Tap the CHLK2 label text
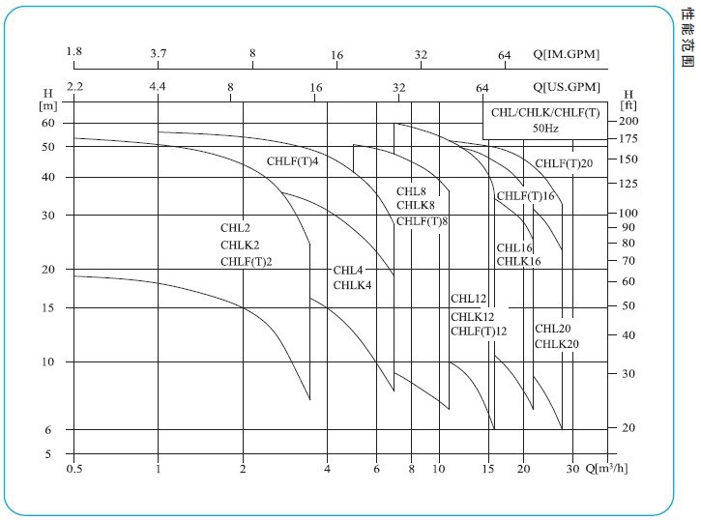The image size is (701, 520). pyautogui.click(x=240, y=245)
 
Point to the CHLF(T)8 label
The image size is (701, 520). pyautogui.click(x=423, y=221)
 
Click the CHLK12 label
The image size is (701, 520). pyautogui.click(x=473, y=316)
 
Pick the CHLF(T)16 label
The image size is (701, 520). pyautogui.click(x=526, y=196)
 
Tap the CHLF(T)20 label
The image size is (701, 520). pyautogui.click(x=564, y=163)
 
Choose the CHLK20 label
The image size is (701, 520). pyautogui.click(x=557, y=343)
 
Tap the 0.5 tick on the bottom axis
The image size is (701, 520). pyautogui.click(x=73, y=470)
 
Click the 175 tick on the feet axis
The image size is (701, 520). pyautogui.click(x=628, y=139)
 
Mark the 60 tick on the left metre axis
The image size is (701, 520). pyautogui.click(x=48, y=123)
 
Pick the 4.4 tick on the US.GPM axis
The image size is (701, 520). pyautogui.click(x=158, y=87)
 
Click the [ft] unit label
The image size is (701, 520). pyautogui.click(x=628, y=105)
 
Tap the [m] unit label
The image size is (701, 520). pyautogui.click(x=48, y=105)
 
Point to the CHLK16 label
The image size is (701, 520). pyautogui.click(x=519, y=262)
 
